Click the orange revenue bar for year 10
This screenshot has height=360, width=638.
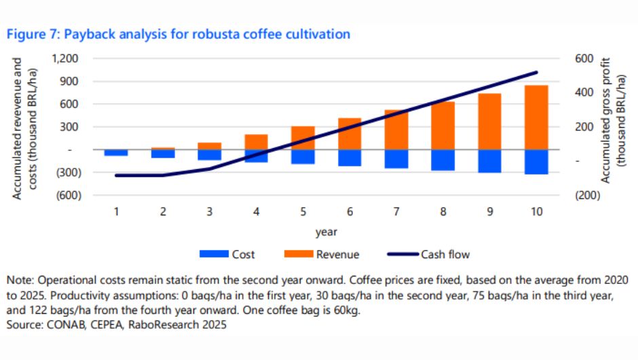tap(536, 117)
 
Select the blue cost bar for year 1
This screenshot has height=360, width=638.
tap(116, 153)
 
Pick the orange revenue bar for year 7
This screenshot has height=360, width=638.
tap(396, 130)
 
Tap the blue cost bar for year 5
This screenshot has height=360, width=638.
tap(303, 157)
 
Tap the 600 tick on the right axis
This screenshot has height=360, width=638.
tap(585, 58)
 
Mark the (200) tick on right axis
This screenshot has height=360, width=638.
tap(588, 196)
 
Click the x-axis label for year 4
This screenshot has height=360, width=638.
tap(256, 212)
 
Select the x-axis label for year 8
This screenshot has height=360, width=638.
tap(443, 212)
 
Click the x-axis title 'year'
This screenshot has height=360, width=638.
tap(326, 232)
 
